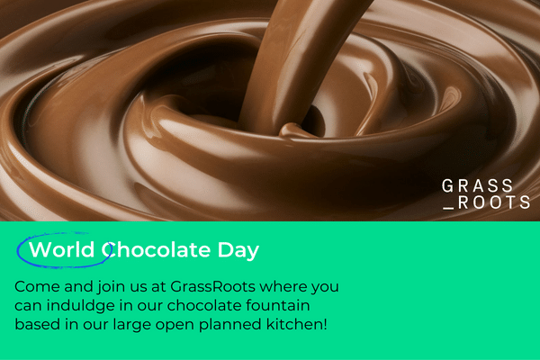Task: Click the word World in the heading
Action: tap(62, 249)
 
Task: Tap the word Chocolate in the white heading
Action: tap(156, 249)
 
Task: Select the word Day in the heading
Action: tap(238, 250)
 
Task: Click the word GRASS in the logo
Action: tap(477, 186)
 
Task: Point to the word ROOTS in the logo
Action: tap(494, 202)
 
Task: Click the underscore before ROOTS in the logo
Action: tap(448, 208)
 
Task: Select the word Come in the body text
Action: tap(37, 286)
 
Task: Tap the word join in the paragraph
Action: tap(111, 287)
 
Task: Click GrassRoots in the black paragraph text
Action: tap(212, 286)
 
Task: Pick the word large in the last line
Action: tap(132, 326)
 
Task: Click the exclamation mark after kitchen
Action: tap(325, 325)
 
